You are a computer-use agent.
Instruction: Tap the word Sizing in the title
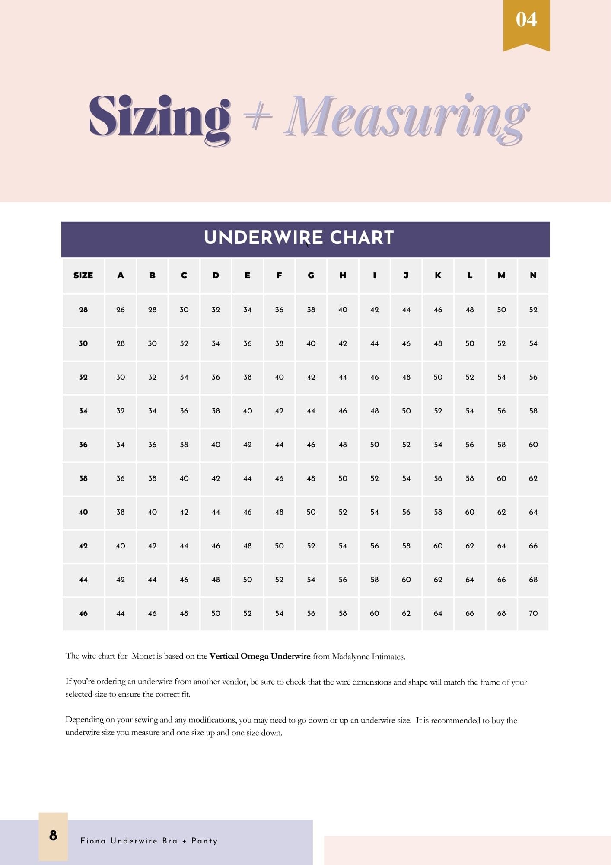(159, 117)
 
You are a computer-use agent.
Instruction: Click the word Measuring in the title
(406, 117)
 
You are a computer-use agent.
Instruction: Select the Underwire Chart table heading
(299, 237)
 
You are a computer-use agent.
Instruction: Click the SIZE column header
(83, 276)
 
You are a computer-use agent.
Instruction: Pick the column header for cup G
(311, 276)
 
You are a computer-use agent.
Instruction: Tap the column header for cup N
(533, 276)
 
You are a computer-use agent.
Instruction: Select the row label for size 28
(83, 310)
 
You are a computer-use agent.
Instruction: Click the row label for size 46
(83, 613)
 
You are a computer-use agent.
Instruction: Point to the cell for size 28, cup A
(121, 310)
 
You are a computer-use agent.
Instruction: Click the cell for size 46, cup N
(533, 613)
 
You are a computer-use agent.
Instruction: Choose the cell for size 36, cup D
(216, 445)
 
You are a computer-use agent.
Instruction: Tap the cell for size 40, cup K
(438, 512)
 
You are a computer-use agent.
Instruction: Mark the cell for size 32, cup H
(343, 377)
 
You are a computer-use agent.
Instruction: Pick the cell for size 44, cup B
(152, 580)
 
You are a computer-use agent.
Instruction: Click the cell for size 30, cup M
(501, 343)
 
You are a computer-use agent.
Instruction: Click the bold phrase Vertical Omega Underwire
(260, 656)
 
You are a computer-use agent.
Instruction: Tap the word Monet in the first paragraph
(143, 656)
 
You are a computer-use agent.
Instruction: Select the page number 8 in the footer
(53, 836)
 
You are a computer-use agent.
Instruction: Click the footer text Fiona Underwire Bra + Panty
(149, 841)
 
